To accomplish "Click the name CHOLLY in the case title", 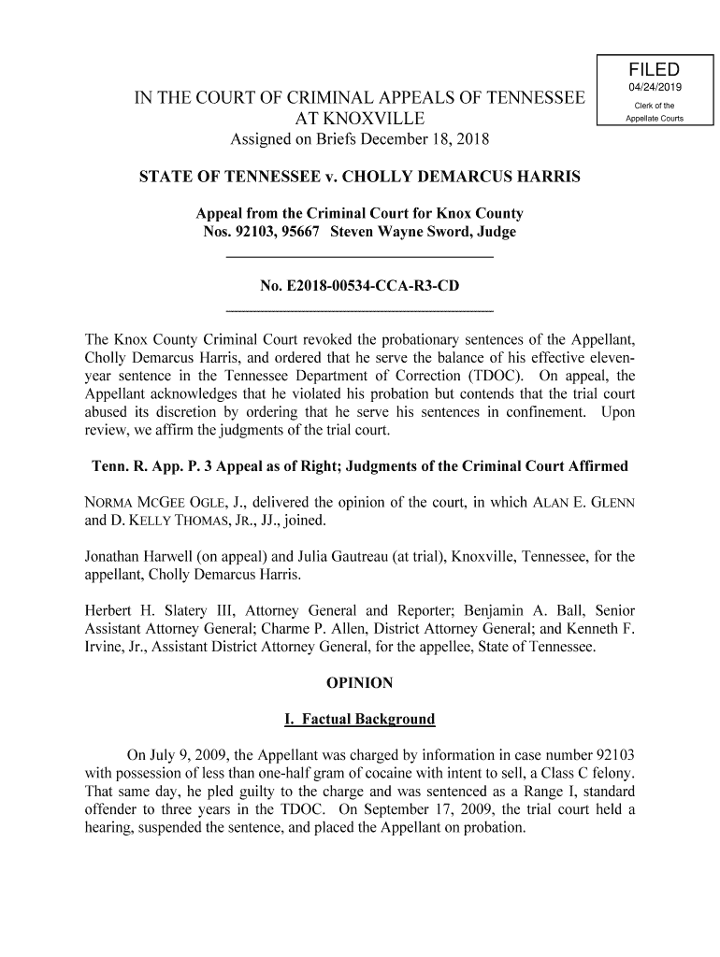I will (367, 177).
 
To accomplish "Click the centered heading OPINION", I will (359, 683).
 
